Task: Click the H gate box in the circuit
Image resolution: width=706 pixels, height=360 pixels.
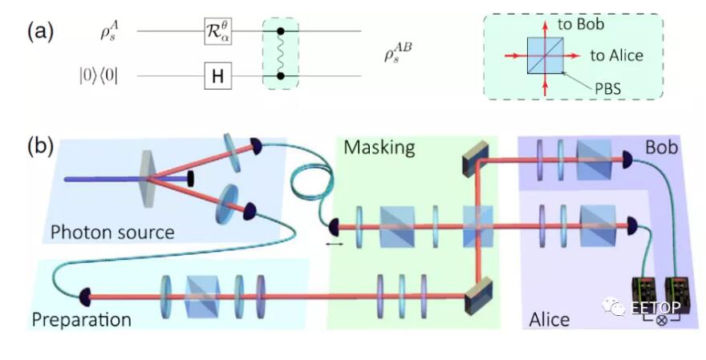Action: point(218,76)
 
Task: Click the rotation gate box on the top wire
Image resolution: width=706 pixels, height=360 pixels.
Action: point(218,31)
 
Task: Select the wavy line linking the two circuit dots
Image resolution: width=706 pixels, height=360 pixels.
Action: point(281,54)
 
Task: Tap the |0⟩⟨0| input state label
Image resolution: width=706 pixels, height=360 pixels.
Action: point(98,76)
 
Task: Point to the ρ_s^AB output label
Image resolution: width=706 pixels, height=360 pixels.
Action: point(398,54)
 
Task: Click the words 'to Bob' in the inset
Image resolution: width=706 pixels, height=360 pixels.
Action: point(581,24)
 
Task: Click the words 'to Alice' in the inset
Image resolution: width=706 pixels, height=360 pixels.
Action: point(616,55)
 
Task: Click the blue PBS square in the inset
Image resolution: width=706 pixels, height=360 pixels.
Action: point(546,55)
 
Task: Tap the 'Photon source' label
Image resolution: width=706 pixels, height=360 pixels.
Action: point(112,233)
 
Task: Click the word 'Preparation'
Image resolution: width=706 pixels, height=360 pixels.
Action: point(82,319)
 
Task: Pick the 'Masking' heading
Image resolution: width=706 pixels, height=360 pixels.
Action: point(379,148)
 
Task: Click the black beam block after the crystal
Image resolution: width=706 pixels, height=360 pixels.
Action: point(190,178)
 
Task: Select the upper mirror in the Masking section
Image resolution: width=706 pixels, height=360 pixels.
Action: point(476,158)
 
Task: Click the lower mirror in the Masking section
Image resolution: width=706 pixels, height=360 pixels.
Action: point(477,296)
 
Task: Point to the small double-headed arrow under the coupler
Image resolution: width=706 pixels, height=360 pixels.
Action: point(334,244)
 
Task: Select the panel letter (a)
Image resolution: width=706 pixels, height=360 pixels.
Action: point(41,32)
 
